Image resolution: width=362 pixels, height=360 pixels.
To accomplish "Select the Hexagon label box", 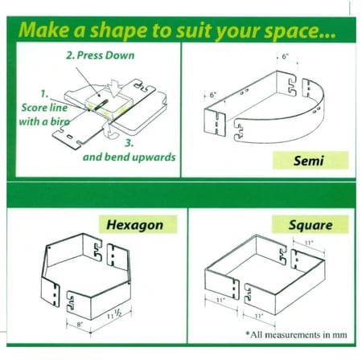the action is click(x=138, y=224).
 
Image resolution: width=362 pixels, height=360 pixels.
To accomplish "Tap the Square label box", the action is click(x=311, y=225).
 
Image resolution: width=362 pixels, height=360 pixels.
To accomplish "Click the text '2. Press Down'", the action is click(x=101, y=55).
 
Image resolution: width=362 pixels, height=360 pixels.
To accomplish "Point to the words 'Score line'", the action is click(x=44, y=108).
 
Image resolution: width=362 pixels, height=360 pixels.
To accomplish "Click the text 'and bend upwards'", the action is click(x=130, y=157).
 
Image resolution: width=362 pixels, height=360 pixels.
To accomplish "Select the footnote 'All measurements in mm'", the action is click(x=296, y=334).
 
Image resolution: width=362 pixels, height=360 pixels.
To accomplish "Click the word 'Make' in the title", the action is click(x=45, y=30).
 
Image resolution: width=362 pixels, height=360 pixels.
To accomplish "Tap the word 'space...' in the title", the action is click(x=300, y=31).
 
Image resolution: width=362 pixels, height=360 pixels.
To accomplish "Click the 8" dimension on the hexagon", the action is click(x=80, y=325).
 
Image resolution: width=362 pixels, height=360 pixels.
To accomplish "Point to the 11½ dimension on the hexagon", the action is click(x=114, y=314).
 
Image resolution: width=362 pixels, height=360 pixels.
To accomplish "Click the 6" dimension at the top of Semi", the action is click(x=285, y=56).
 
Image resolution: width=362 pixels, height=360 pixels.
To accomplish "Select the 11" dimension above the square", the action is click(x=309, y=243).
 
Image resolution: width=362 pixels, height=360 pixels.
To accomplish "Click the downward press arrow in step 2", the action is click(x=115, y=88).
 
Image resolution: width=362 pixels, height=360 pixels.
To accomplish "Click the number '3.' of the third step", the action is click(x=130, y=143).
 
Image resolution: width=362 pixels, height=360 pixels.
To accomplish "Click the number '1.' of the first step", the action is click(x=44, y=94).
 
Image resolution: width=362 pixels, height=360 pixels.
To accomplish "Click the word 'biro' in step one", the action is click(x=60, y=122).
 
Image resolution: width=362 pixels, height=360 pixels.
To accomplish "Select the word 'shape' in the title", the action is click(x=118, y=31).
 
